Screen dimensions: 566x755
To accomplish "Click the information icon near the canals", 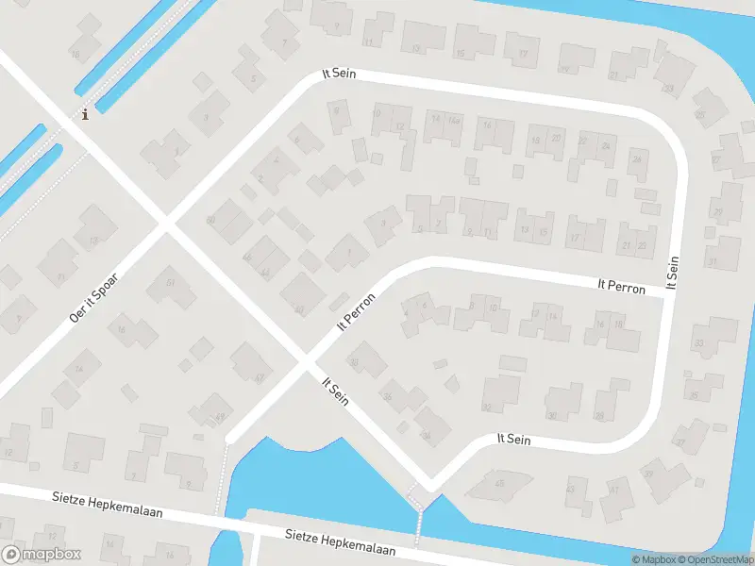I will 86,114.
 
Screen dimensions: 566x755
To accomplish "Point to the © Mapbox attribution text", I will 653,559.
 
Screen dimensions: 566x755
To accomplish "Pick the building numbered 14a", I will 454,120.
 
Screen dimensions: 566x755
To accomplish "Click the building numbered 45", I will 499,483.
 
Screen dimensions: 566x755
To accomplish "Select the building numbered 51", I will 171,282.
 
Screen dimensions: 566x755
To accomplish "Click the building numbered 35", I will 694,394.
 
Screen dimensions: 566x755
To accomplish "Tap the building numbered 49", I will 219,415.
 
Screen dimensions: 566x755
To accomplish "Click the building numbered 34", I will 427,435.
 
